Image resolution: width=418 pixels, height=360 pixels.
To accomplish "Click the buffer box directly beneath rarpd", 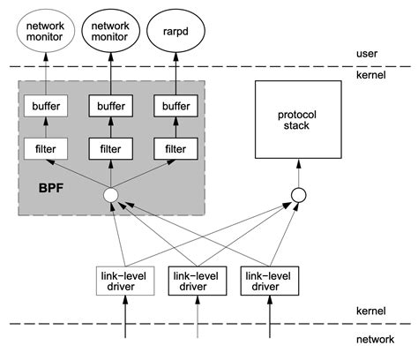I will point(175,106).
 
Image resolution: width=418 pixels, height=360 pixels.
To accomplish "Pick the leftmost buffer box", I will point(46,106).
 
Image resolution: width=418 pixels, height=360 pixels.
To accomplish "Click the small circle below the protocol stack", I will point(298,195).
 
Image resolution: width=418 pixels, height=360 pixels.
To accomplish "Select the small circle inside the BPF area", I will point(111,195).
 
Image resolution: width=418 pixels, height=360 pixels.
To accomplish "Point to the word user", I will point(369,54).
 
